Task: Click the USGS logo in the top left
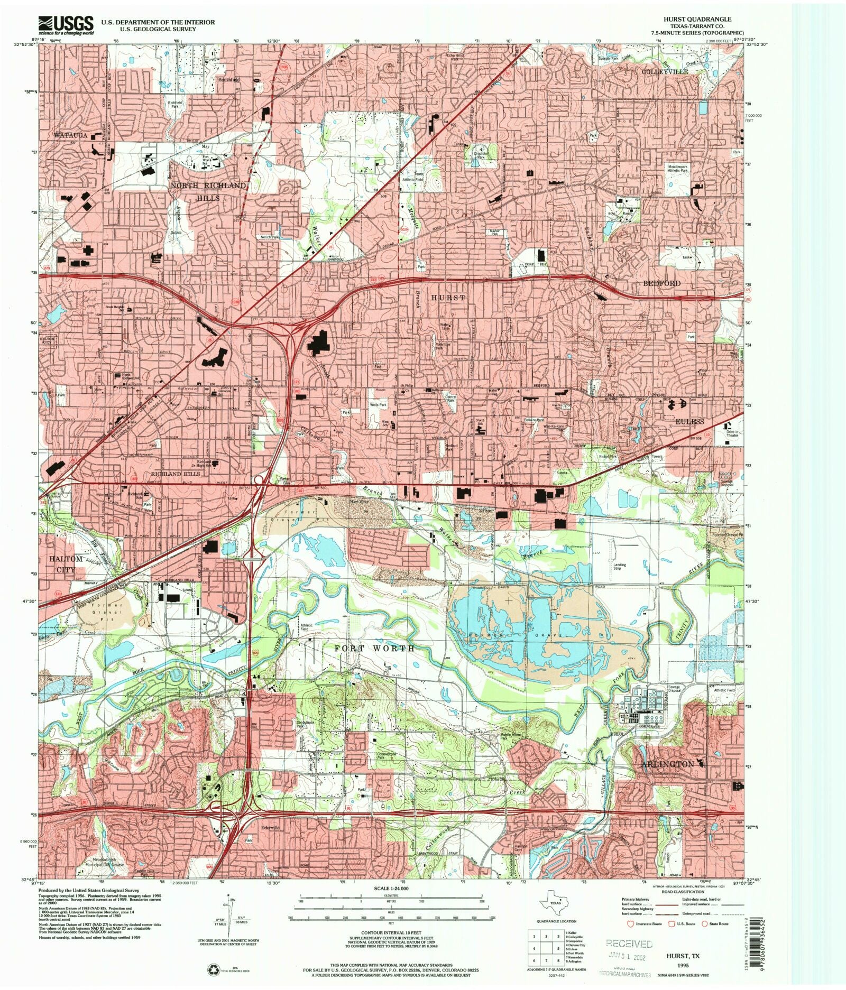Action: click(66, 24)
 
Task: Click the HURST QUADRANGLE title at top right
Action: click(697, 19)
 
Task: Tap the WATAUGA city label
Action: click(70, 135)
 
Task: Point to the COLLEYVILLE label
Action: click(665, 71)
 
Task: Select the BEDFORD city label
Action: click(661, 283)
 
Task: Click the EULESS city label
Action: click(690, 421)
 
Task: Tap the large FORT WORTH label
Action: click(374, 648)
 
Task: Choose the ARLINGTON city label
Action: click(667, 764)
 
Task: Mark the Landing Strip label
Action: click(619, 566)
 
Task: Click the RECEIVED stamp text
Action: click(629, 943)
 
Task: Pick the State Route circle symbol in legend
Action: click(704, 923)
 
